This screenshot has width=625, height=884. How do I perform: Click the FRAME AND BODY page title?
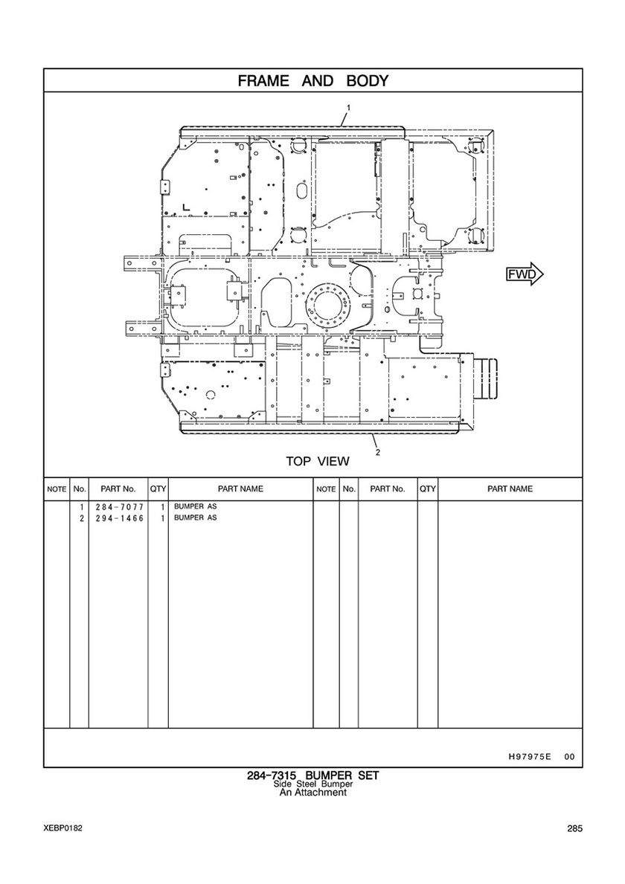click(313, 80)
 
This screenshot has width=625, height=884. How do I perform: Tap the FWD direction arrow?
click(525, 274)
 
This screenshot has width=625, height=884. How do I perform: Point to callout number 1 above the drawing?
click(349, 107)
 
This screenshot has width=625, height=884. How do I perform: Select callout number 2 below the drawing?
click(377, 452)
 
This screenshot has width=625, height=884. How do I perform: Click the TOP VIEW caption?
click(318, 461)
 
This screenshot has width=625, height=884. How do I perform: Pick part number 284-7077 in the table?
click(120, 507)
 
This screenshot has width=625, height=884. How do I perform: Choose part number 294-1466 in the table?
click(120, 518)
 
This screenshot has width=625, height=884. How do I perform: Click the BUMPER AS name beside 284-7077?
click(195, 506)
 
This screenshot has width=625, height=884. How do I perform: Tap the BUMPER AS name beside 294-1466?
click(195, 517)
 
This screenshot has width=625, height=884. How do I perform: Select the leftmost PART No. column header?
click(118, 488)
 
